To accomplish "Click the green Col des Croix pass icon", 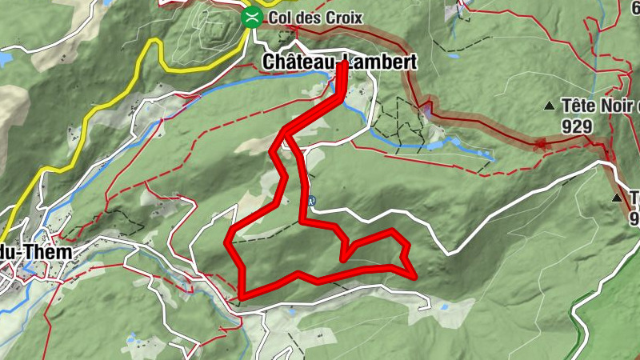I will pos(253,17).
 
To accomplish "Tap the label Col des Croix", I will pos(316,18).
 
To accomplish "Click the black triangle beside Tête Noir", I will pos(549,106).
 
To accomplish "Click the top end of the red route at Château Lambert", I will pos(342,64).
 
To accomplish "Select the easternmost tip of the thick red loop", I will pos(414,276).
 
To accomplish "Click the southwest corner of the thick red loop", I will pos(242,296).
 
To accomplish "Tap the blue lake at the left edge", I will pos(4,59).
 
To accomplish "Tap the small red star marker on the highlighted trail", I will pos(540,145).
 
